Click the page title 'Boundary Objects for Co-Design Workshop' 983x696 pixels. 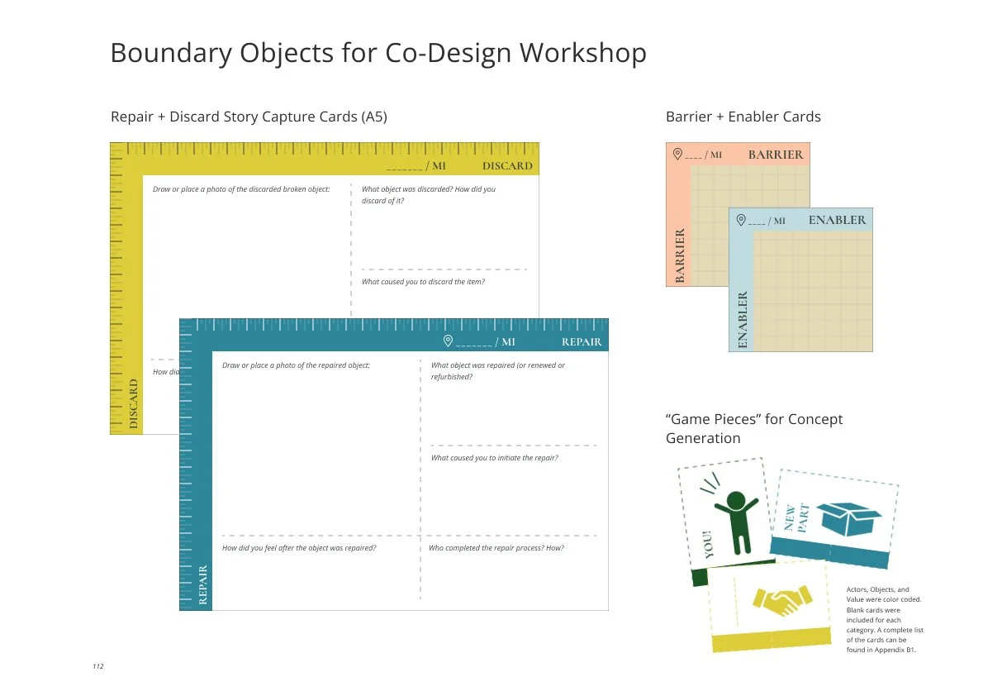(x=378, y=54)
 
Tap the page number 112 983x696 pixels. (x=98, y=665)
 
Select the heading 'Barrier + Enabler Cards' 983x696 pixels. (x=743, y=117)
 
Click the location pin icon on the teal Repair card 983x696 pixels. (x=448, y=341)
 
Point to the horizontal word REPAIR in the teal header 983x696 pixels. (x=582, y=341)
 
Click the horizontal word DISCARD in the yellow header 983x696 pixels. (x=507, y=166)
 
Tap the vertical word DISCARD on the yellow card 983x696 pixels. (x=134, y=403)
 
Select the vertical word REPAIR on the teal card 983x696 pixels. (x=203, y=584)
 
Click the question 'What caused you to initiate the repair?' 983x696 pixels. (x=494, y=458)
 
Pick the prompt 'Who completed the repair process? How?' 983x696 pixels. (x=496, y=548)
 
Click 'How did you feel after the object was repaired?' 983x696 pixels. (x=299, y=548)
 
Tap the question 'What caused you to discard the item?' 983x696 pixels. (x=423, y=282)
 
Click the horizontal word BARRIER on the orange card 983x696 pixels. (x=775, y=155)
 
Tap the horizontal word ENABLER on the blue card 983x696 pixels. (x=837, y=220)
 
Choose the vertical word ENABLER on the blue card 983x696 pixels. (x=741, y=320)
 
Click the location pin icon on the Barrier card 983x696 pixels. (x=677, y=154)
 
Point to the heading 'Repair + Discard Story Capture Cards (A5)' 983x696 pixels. (x=249, y=117)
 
